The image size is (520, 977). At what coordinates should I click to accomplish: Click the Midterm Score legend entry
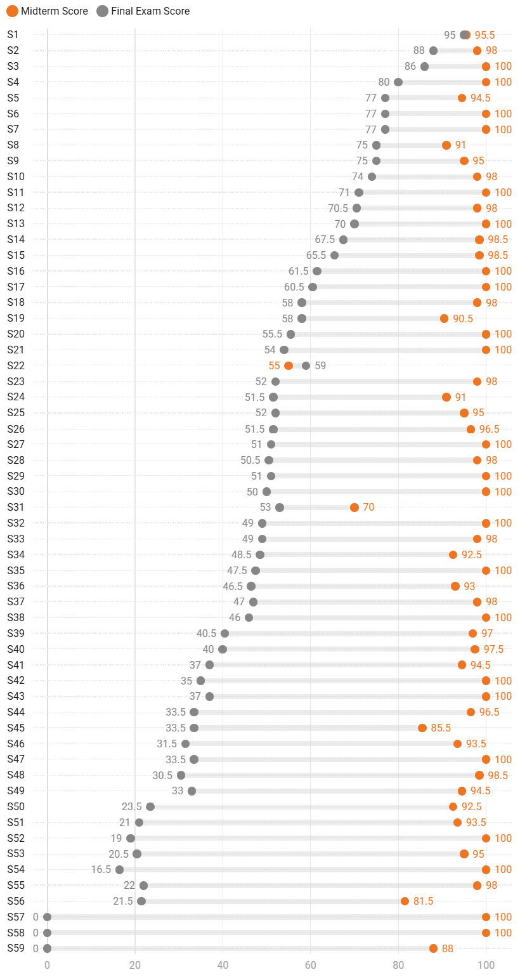coord(48,11)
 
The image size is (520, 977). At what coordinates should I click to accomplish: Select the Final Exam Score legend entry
coord(143,11)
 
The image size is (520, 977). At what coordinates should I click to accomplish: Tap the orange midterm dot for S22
coord(289,365)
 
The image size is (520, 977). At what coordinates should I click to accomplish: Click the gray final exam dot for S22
coord(306,365)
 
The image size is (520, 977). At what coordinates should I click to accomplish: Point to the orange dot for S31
coord(354,508)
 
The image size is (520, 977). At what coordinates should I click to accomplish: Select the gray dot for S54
coord(119,870)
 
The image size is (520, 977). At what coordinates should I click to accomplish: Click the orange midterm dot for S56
coord(405,901)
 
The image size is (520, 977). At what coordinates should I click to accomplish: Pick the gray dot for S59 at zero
coord(47,948)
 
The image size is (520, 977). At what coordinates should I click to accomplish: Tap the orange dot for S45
coord(422,728)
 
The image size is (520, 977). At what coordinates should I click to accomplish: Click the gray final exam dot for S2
coord(433,51)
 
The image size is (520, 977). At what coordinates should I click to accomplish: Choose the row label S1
coord(13,34)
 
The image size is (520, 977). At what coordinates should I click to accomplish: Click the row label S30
coord(16,492)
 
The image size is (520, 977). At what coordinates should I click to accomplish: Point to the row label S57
coord(16,917)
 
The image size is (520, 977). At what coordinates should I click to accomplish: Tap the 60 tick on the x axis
coord(310,965)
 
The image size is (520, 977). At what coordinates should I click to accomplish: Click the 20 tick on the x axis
coord(134,965)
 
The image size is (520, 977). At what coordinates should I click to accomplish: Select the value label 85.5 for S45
coord(441,728)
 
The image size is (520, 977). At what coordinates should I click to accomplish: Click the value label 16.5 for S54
coord(101,870)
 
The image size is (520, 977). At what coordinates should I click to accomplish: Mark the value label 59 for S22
coord(320,365)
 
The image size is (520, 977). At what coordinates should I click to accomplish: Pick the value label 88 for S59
coord(448,948)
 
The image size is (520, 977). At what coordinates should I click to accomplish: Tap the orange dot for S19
coord(444,318)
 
